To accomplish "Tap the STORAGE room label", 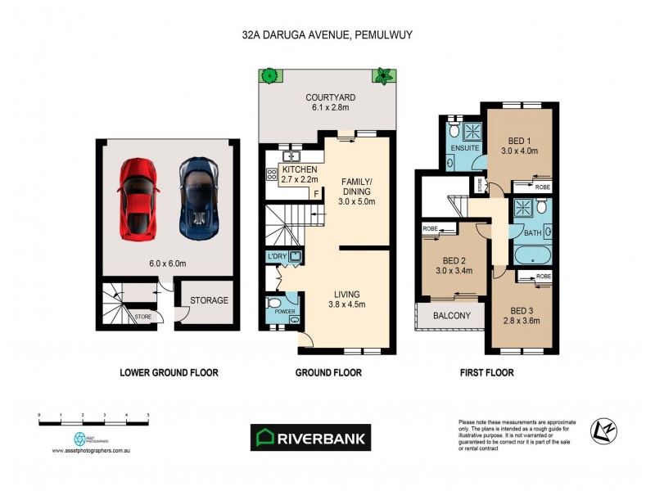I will coord(209,300).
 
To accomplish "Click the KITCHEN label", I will coord(300,169).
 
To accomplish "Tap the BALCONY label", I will coord(451,316).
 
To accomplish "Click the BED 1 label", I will coord(517,140).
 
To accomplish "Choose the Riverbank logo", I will coord(309,436).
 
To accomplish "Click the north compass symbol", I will coord(605,429).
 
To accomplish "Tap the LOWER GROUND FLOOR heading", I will coord(169,372).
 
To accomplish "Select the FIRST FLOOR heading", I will coord(486,372).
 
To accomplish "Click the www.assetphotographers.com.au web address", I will coord(93,451).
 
